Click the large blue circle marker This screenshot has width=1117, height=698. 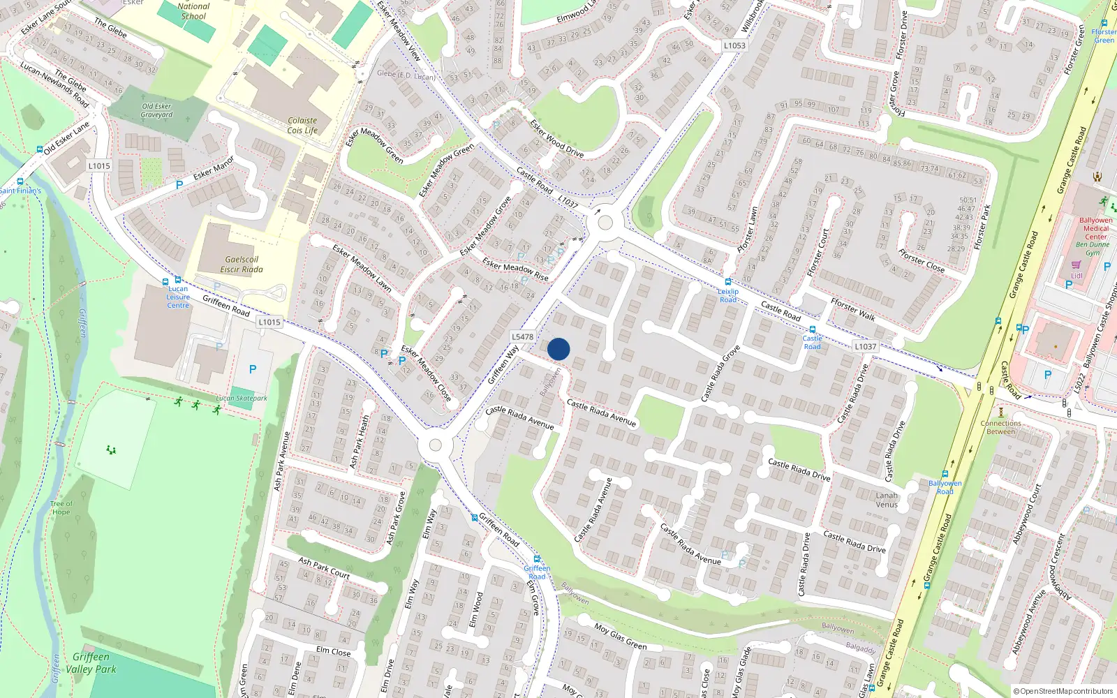[x=558, y=349]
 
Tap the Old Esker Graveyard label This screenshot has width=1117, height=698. [x=156, y=111]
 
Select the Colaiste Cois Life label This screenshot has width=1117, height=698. [x=302, y=126]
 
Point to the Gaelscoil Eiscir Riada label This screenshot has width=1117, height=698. [x=242, y=265]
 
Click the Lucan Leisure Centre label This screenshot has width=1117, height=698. [x=178, y=297]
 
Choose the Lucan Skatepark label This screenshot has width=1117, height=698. [x=242, y=399]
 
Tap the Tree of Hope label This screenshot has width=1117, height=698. [x=61, y=507]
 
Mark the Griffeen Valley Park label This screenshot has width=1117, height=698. [x=91, y=663]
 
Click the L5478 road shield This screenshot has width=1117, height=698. [x=522, y=336]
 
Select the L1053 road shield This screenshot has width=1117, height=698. [x=734, y=45]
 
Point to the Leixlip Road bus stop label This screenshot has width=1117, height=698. [x=728, y=295]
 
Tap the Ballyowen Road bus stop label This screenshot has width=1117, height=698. [x=945, y=487]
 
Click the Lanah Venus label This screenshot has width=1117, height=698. [x=887, y=500]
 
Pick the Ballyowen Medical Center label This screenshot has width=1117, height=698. [x=1095, y=228]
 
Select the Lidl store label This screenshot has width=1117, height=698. [x=1077, y=275]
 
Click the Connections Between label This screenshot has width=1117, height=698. [x=1000, y=427]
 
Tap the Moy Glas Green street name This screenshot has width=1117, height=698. [x=621, y=636]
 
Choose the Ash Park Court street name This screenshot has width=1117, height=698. [x=324, y=567]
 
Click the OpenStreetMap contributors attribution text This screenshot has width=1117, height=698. [x=1063, y=691]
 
